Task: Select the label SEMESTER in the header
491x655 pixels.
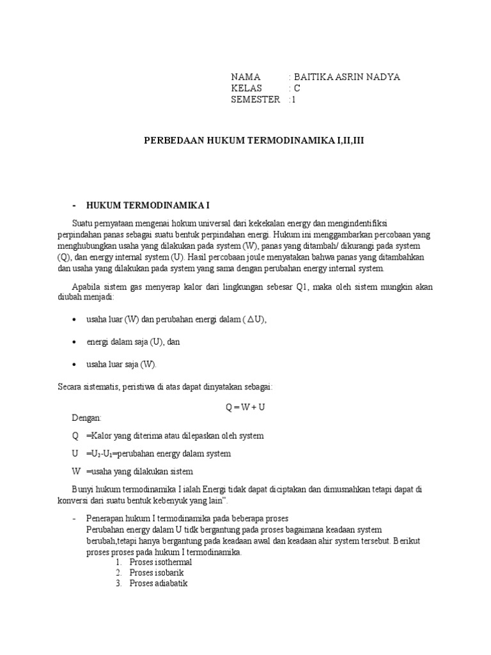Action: [x=256, y=99]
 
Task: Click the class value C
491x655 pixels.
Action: [x=297, y=88]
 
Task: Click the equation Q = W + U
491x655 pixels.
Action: [x=245, y=406]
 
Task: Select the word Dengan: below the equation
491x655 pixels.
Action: [x=86, y=418]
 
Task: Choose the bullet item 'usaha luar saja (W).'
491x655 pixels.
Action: [x=121, y=364]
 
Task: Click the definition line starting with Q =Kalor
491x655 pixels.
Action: [x=168, y=436]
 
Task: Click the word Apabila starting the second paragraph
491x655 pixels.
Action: [x=83, y=287]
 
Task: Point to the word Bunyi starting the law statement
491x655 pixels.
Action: [x=81, y=489]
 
